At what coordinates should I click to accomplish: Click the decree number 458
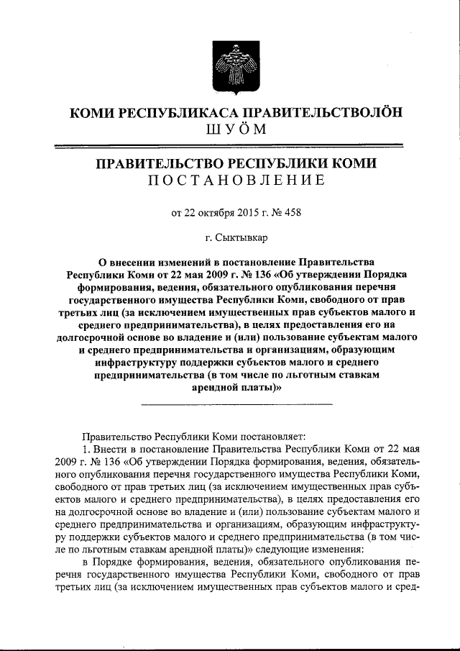[x=277, y=212]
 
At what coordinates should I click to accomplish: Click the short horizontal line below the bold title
[x=237, y=404]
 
